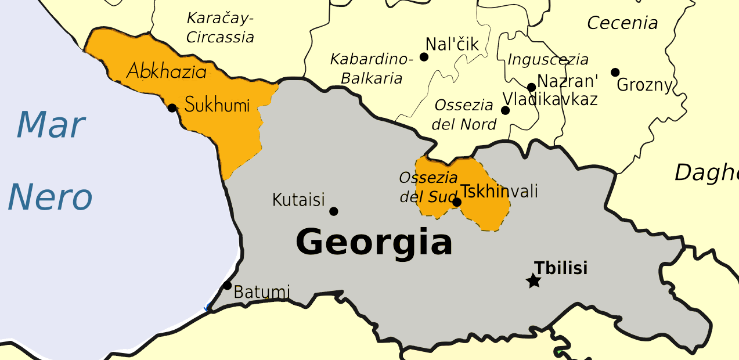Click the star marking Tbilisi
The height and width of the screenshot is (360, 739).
(533, 281)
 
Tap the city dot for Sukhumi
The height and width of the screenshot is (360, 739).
(172, 107)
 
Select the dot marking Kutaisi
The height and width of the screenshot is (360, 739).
(333, 211)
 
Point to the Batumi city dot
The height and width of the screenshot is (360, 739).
(228, 285)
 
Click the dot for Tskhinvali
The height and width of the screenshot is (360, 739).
(457, 202)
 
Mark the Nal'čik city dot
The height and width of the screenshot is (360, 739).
(424, 57)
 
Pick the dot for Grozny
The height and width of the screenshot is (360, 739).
(615, 73)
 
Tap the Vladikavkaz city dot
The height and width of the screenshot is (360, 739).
(505, 110)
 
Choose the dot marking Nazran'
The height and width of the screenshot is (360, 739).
(531, 88)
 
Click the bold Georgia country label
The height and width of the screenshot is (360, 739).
(374, 242)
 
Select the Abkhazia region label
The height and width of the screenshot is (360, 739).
(167, 72)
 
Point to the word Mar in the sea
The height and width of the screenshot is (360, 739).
(51, 124)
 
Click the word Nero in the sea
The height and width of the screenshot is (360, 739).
(50, 197)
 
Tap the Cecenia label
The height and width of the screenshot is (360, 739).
(622, 23)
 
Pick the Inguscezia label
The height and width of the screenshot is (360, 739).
(547, 60)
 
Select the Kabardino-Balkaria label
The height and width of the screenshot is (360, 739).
(372, 69)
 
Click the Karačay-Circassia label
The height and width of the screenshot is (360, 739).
(220, 28)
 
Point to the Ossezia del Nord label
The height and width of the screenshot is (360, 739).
(464, 115)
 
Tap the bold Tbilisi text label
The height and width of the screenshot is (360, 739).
(561, 268)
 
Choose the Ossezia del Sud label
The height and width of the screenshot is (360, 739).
(428, 188)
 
